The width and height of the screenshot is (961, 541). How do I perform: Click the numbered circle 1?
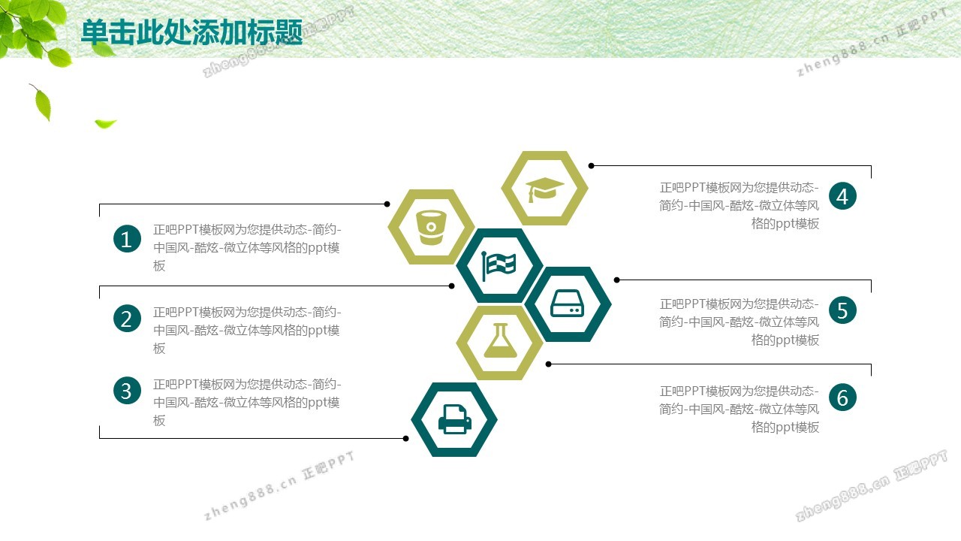pos(127,239)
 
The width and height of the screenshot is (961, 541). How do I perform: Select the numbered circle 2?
pos(127,319)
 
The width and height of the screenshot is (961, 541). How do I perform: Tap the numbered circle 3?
pos(127,391)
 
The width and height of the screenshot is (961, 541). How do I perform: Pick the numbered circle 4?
pos(842,196)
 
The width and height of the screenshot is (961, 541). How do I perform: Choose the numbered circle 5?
pos(842,310)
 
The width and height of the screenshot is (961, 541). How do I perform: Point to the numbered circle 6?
pos(842,397)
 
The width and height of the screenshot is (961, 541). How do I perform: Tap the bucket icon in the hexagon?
pos(431,227)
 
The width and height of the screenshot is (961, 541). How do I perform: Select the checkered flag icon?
pos(499,266)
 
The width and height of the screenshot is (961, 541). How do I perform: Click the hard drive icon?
pos(567,303)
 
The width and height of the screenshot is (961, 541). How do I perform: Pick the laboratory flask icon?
pos(500,340)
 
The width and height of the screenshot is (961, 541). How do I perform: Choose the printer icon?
pos(455,419)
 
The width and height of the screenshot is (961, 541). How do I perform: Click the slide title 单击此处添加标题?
pos(191,32)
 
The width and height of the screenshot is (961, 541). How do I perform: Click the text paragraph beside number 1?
pos(247,248)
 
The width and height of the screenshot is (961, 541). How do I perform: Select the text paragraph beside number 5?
pos(740,322)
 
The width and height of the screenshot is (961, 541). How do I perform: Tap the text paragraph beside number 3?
pos(247,402)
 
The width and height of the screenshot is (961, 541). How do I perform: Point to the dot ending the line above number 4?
pos(591,166)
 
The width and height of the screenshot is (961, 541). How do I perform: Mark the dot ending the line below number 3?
pos(406,438)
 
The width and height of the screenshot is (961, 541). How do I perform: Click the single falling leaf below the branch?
pos(41,102)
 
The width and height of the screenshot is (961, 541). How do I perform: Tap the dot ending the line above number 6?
pos(548,364)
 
